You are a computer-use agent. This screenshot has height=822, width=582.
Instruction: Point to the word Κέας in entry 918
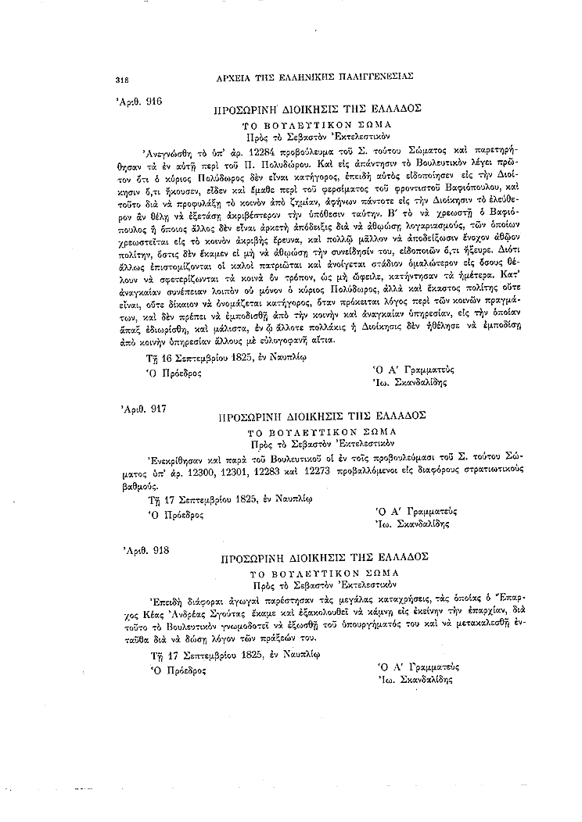coord(193,610)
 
